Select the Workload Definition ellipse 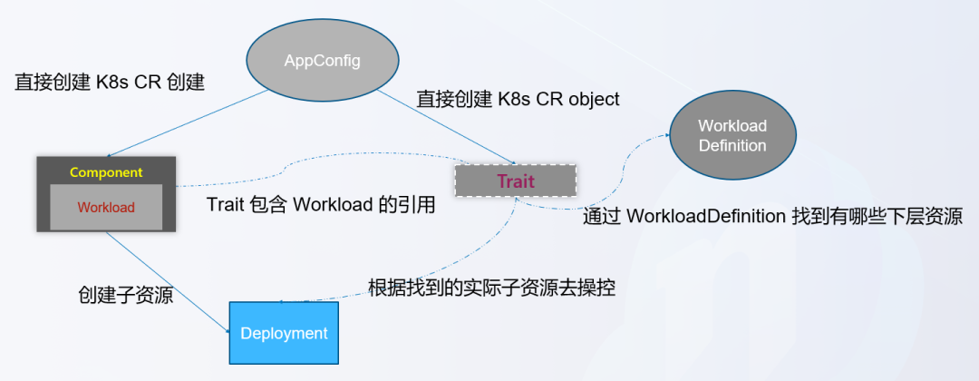tap(732, 135)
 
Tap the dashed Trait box tap(515, 181)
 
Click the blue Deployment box tap(284, 333)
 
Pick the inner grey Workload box tap(105, 207)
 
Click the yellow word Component tap(106, 171)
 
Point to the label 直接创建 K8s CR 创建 tap(110, 83)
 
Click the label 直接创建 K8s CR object tap(518, 99)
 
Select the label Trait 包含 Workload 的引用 tap(321, 205)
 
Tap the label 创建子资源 tap(126, 295)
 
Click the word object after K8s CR tap(594, 99)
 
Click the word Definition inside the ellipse tap(732, 145)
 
